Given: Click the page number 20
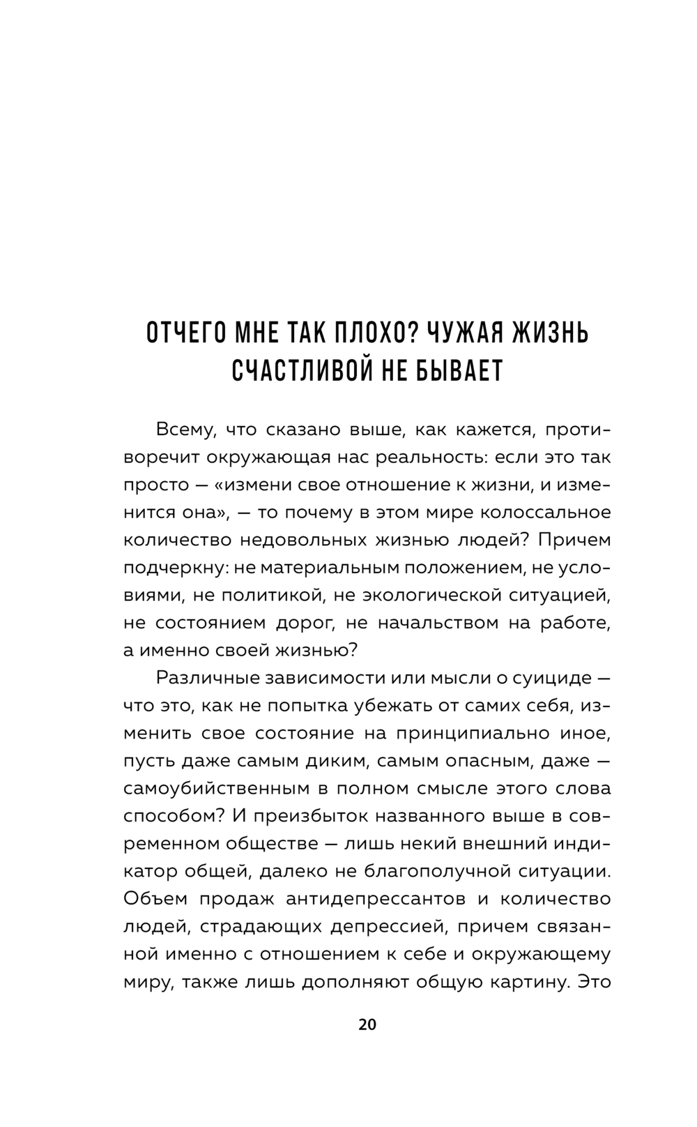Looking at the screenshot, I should (367, 1024).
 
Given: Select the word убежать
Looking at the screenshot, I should (399, 706).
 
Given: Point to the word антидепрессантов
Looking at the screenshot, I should (375, 898).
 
